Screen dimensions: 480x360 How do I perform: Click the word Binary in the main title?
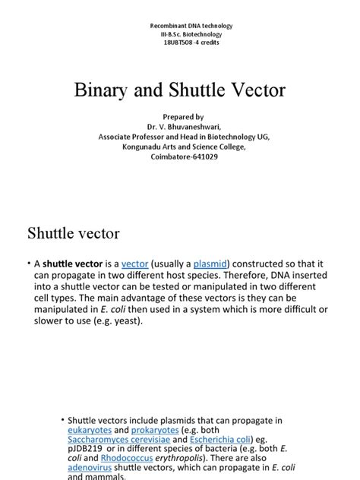pos(103,91)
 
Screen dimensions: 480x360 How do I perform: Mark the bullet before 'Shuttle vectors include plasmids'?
pos(62,420)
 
